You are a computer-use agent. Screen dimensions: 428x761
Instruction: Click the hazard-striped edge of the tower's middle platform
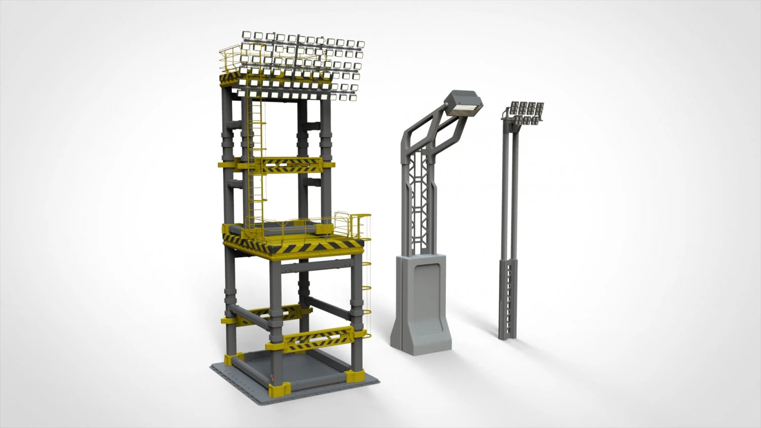point(304,247)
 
